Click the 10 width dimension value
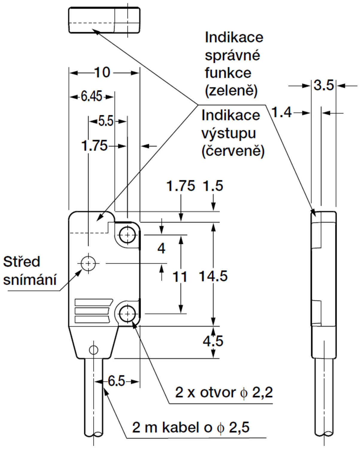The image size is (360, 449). pos(102,73)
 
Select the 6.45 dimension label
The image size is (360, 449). pos(92,97)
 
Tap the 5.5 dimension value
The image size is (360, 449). pos(106,122)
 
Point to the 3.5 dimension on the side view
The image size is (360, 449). pos(323,86)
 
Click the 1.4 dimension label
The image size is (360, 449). pos(281,113)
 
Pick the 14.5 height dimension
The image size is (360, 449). pos(213,276)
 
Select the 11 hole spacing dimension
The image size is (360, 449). pos(180,277)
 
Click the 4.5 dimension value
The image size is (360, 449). pos(213,341)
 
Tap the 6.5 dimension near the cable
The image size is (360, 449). pos(116,381)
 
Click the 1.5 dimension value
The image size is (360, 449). pos(213,186)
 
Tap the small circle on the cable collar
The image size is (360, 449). pos(94,350)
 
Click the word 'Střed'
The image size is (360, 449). pos(22,262)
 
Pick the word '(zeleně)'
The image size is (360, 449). pos(231,90)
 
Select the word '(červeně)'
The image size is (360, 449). pos(233,151)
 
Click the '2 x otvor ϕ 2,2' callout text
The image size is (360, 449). pos(224,392)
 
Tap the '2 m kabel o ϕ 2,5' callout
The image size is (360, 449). pos(191,427)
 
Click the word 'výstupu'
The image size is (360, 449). pos(229,134)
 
